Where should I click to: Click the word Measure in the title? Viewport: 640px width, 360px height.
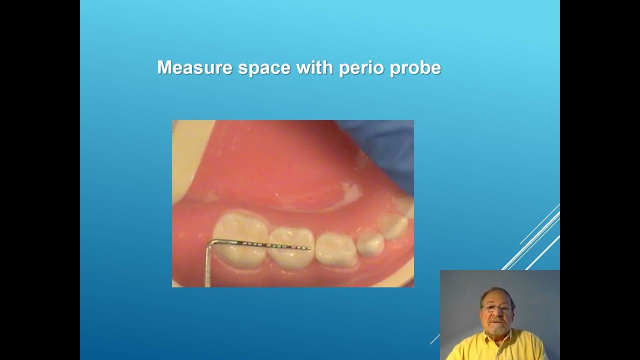[x=194, y=67]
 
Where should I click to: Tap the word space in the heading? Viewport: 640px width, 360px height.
[x=264, y=68]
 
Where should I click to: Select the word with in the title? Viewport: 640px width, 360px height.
[x=315, y=67]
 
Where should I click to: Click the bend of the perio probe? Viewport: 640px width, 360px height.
[x=210, y=243]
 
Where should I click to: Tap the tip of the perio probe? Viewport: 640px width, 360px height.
[x=310, y=248]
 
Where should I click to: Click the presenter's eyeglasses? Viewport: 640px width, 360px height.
[x=497, y=308]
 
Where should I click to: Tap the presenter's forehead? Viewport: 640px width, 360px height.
[x=496, y=298]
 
